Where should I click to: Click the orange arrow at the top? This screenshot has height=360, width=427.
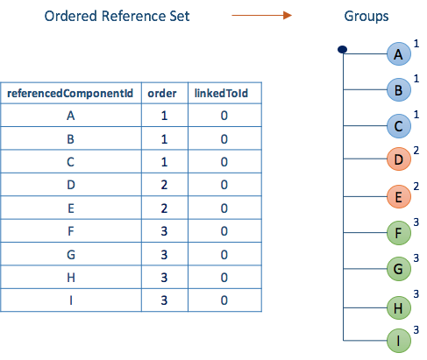click(261, 15)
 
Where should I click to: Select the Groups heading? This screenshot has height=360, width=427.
click(367, 17)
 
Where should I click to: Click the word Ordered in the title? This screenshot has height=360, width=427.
click(70, 16)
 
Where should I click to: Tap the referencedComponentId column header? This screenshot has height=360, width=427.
click(70, 94)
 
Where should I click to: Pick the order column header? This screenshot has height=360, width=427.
click(162, 94)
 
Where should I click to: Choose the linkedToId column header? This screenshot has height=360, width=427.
click(221, 94)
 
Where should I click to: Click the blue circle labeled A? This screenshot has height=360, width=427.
click(399, 54)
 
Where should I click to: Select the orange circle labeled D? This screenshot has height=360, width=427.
click(399, 159)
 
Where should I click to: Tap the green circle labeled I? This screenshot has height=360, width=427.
click(399, 341)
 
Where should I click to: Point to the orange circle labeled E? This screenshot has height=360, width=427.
click(399, 196)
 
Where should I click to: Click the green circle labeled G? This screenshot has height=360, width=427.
click(399, 269)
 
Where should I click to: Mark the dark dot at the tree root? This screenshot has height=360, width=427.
click(342, 49)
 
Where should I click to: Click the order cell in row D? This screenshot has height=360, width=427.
click(164, 185)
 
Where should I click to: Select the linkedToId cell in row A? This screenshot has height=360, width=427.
click(224, 116)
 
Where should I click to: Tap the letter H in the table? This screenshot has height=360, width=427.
click(71, 278)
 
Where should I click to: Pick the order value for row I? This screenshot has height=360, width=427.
click(164, 300)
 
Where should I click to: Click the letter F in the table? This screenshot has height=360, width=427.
click(71, 231)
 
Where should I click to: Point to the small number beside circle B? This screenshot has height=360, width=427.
click(416, 79)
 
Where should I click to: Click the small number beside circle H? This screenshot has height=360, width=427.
click(416, 294)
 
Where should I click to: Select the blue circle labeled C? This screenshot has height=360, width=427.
click(399, 126)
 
